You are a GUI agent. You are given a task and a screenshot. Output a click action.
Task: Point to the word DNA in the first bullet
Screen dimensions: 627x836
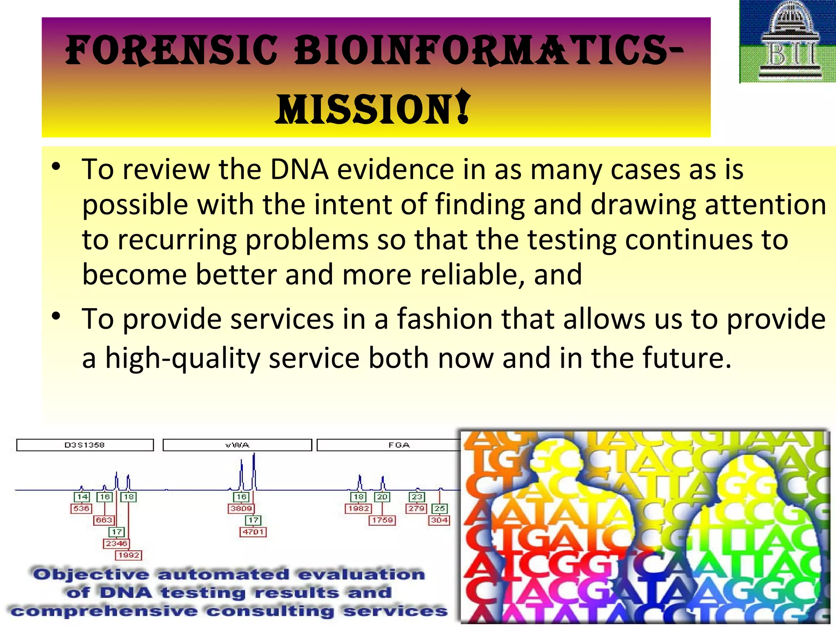[x=299, y=169]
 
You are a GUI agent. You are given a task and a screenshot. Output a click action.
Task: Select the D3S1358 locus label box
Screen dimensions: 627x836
[x=85, y=445]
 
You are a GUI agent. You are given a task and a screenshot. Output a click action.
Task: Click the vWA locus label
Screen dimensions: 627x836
[x=237, y=445]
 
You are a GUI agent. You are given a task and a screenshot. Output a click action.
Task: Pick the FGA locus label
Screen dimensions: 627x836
[x=398, y=445]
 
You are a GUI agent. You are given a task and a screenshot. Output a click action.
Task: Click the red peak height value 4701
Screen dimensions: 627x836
[x=253, y=532]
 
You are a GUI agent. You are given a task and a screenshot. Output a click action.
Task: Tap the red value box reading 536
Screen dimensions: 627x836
[x=81, y=509]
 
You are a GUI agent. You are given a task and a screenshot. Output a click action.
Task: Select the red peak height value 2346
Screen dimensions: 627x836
[x=116, y=543]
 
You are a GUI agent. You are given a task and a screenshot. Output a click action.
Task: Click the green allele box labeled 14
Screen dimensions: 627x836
[x=82, y=497]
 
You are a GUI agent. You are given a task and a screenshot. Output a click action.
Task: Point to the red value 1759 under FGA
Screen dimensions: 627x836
[x=382, y=520]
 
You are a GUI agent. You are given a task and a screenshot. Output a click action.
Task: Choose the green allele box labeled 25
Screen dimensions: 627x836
[x=439, y=509]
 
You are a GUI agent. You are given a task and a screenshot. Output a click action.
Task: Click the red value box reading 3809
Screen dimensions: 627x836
[x=241, y=509]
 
